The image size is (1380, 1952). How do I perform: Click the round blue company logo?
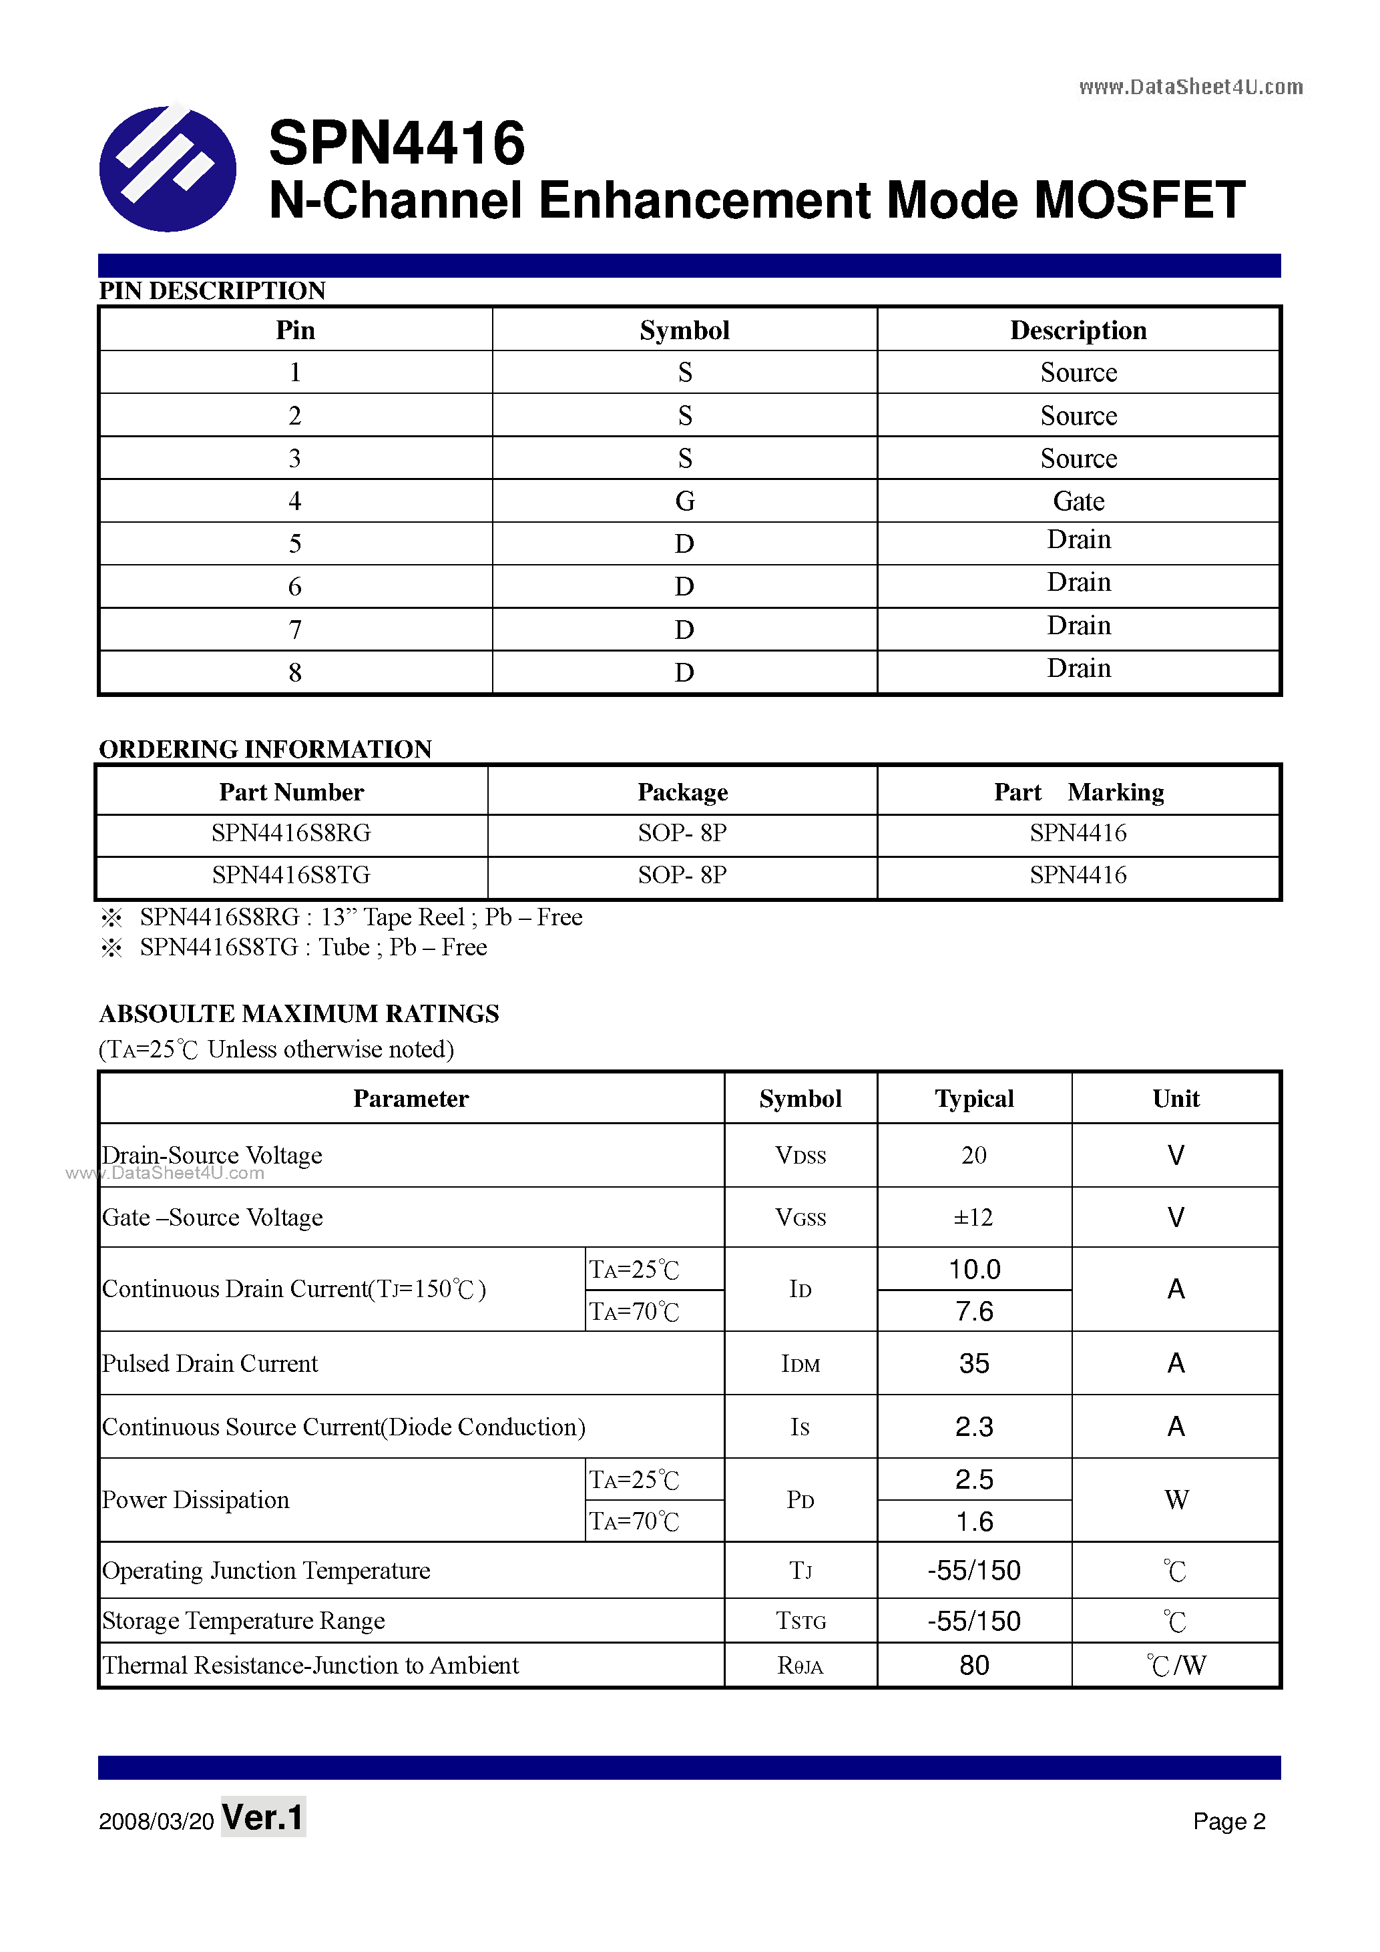click(168, 168)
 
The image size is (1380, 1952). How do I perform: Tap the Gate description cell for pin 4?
click(1078, 501)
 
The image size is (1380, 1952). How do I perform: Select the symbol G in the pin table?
click(684, 501)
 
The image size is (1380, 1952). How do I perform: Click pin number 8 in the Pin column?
click(294, 672)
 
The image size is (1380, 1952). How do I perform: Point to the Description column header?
click(1078, 330)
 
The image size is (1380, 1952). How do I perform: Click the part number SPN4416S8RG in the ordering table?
click(291, 833)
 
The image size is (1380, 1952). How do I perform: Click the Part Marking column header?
click(1078, 792)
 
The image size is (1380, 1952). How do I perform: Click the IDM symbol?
click(800, 1364)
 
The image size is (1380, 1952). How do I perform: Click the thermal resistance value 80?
click(973, 1665)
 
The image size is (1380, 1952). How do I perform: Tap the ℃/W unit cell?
click(1176, 1665)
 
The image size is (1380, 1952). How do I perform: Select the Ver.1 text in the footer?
click(263, 1818)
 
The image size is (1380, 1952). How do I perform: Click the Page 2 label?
click(1228, 1821)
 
